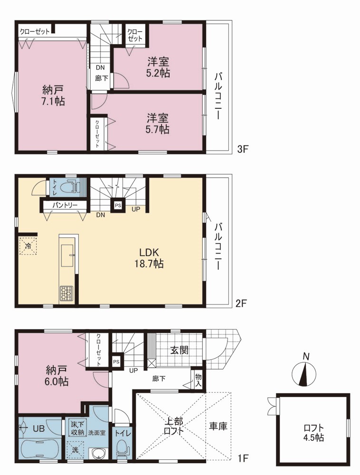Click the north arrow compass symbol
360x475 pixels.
click(x=304, y=372)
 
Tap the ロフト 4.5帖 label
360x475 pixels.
click(x=313, y=433)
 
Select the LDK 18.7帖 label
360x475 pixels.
click(x=149, y=258)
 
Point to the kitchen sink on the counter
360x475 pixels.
click(x=68, y=255)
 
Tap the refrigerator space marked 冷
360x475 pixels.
click(x=28, y=246)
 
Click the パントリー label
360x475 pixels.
click(x=65, y=205)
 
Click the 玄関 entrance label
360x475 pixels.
click(x=179, y=350)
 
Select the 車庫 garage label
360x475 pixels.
click(x=218, y=426)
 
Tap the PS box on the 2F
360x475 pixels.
click(x=118, y=205)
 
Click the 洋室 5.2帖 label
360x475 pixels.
click(x=158, y=67)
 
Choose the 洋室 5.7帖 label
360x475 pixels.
click(x=158, y=123)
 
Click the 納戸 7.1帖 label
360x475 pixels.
click(x=53, y=95)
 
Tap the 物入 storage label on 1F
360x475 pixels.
click(x=199, y=380)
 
